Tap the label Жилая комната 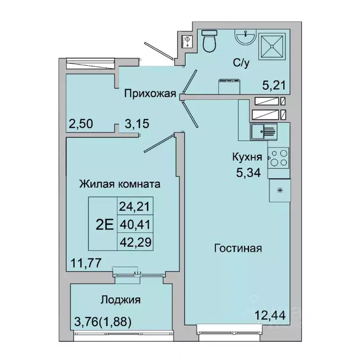[120, 184]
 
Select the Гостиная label [237, 248]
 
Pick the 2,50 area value [81, 124]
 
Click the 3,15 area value [137, 124]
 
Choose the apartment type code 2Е [104, 225]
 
